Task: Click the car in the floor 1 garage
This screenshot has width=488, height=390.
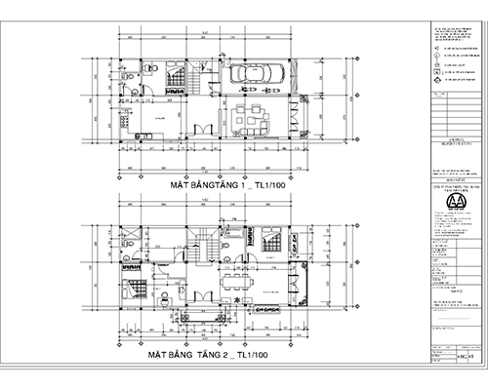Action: tap(255, 75)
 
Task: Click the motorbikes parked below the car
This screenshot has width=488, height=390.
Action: tap(255, 97)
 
